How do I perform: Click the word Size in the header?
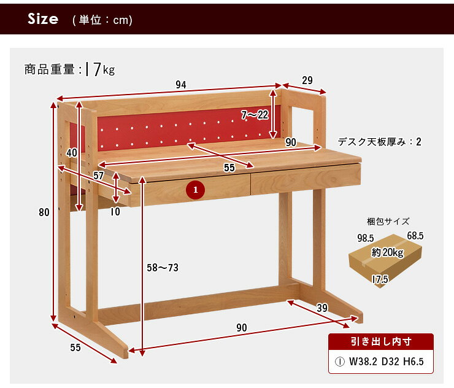43,19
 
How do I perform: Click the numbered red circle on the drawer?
196,190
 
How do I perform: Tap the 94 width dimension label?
181,85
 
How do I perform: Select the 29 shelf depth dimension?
307,80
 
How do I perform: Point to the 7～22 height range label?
255,115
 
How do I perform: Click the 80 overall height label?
44,212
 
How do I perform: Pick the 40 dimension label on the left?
72,153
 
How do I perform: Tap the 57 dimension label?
98,176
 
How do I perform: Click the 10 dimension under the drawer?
115,212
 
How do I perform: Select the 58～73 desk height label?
163,268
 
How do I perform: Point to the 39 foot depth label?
322,308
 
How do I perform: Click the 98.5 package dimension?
366,238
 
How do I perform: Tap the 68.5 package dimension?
415,236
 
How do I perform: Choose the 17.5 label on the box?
380,279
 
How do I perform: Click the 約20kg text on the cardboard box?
388,252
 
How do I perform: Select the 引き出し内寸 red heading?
381,341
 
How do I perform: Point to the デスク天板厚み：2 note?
379,142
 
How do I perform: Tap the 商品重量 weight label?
49,69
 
